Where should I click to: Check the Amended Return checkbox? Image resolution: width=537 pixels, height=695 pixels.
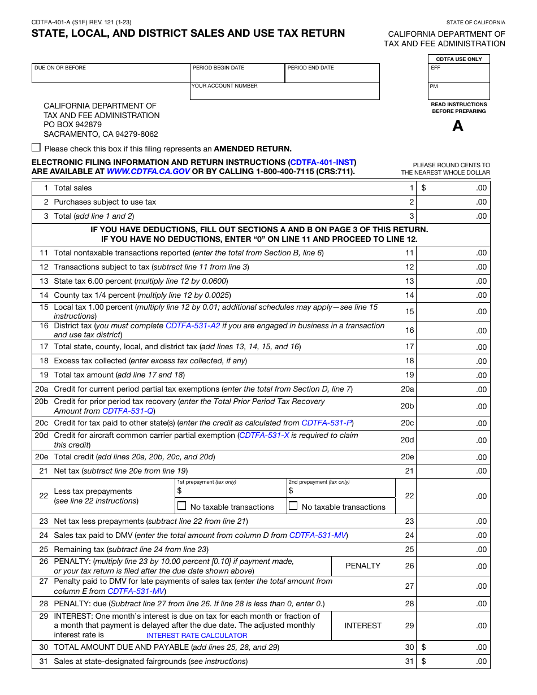coord(36,147)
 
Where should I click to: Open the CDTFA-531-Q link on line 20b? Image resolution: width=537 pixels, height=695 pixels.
coord(128,411)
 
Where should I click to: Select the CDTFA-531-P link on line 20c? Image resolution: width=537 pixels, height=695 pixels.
coord(327,423)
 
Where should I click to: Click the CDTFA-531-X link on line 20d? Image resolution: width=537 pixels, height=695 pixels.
coord(264,436)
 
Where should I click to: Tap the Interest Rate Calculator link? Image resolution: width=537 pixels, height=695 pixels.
coord(197,635)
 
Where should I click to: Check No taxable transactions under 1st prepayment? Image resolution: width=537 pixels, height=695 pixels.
coord(182,506)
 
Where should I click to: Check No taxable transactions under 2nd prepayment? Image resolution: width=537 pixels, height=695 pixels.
coord(293,506)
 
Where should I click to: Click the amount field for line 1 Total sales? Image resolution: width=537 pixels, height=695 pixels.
coord(453,188)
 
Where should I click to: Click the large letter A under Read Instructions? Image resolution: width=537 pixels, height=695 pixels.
coord(458,126)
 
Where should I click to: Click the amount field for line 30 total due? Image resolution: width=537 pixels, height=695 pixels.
coord(453,647)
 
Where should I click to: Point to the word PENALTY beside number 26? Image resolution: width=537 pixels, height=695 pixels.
coord(363,566)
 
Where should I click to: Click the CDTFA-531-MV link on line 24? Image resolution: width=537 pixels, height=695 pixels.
coord(318,535)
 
